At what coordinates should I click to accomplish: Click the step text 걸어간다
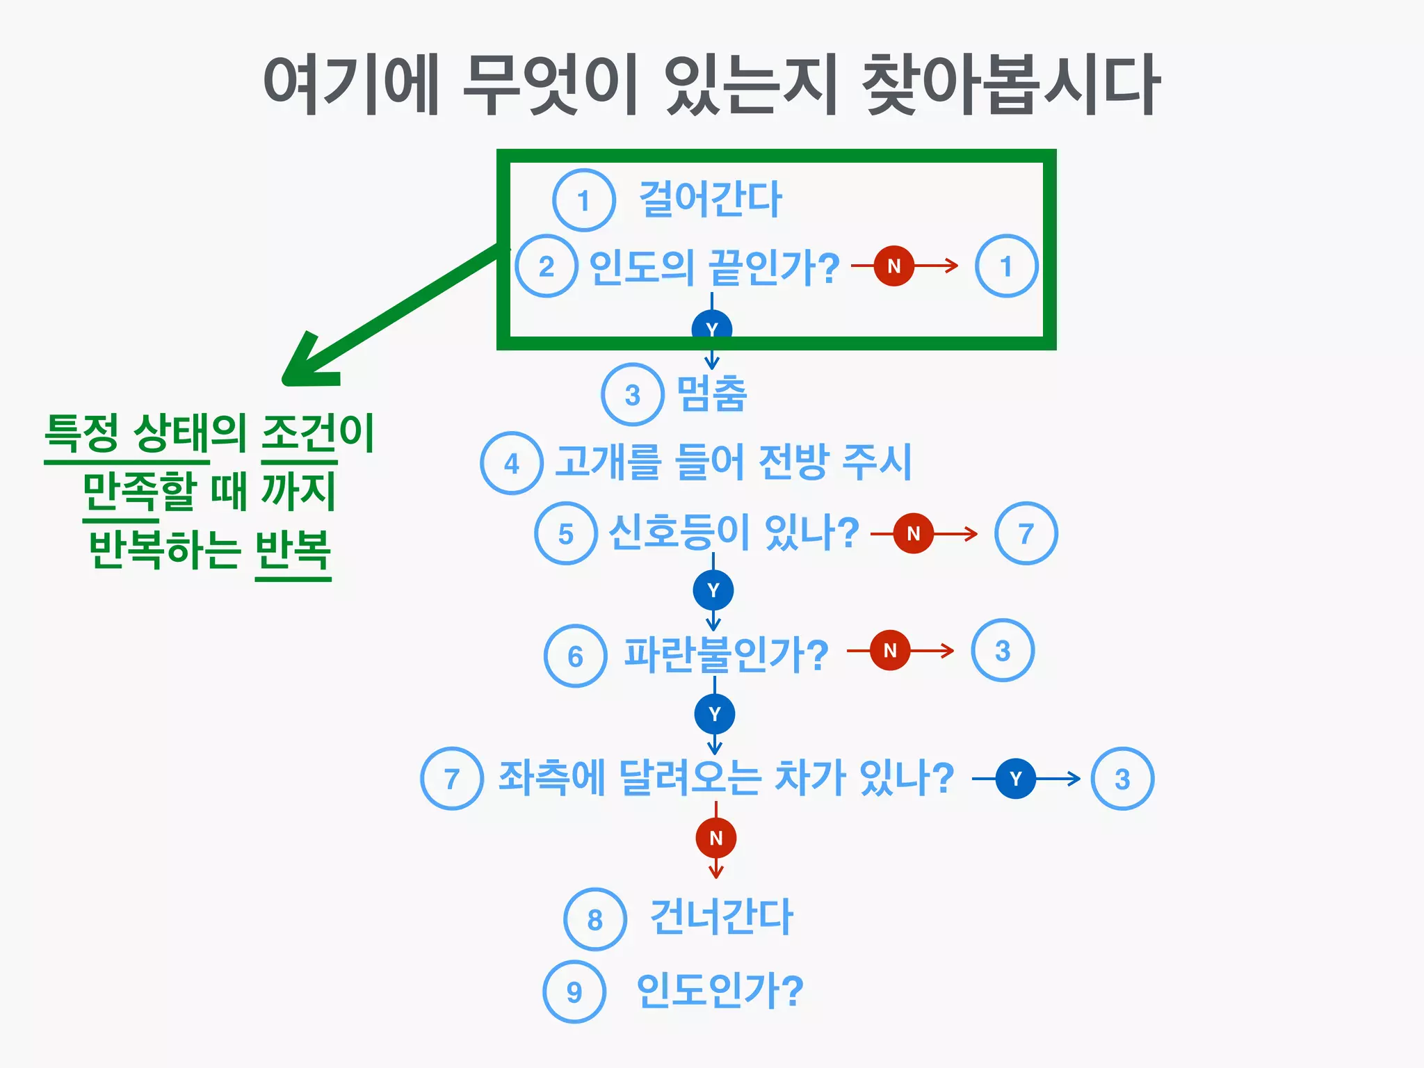tap(710, 200)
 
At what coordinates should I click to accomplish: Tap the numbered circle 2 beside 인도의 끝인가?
tap(547, 266)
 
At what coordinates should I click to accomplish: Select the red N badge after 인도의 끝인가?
tap(894, 266)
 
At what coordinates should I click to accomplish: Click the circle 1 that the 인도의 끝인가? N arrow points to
tap(1006, 266)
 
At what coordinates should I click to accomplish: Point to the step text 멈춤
tap(711, 394)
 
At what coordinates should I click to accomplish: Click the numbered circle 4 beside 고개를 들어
tap(512, 463)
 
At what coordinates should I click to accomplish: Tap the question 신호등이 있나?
tap(734, 533)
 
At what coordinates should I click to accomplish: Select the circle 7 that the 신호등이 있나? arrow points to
tap(1026, 533)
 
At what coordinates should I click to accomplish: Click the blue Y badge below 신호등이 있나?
tap(713, 590)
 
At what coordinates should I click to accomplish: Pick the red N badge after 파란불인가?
tap(890, 650)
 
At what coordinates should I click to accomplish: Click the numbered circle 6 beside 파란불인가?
tap(575, 656)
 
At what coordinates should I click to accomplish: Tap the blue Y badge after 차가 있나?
tap(1016, 779)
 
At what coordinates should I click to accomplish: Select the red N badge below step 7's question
tap(716, 838)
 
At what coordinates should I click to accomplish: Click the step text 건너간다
tap(721, 917)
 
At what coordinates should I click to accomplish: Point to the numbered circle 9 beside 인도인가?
tap(574, 992)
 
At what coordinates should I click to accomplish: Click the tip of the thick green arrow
tap(286, 380)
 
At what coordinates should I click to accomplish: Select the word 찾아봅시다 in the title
tap(1010, 85)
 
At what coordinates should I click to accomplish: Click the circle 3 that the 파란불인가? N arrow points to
tap(1002, 651)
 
